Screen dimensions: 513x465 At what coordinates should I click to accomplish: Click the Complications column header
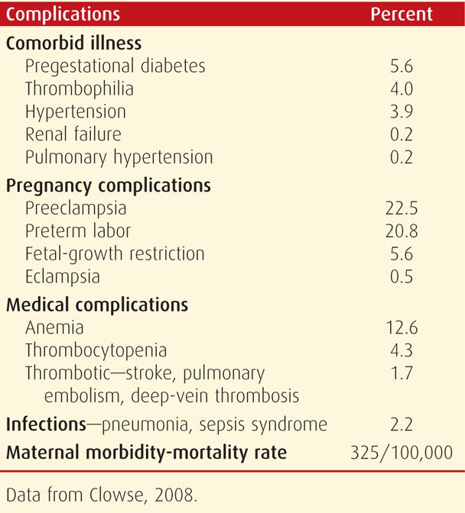[x=63, y=14]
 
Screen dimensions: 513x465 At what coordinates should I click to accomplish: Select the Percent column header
[x=401, y=14]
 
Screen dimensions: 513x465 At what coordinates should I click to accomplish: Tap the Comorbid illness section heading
[x=74, y=43]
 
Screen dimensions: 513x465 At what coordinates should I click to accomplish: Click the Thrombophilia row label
[x=79, y=89]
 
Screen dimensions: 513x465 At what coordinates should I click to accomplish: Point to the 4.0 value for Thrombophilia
[x=402, y=89]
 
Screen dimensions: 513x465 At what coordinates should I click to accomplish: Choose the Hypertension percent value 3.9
[x=402, y=111]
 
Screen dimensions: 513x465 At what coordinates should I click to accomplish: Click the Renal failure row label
[x=73, y=134]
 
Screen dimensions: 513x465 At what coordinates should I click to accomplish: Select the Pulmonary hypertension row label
[x=119, y=157]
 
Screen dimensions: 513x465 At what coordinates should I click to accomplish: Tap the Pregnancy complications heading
[x=109, y=185]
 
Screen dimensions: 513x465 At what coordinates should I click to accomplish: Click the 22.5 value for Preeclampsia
[x=402, y=208]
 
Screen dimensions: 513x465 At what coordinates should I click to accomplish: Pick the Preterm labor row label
[x=78, y=231]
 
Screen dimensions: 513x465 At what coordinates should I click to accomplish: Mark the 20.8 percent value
[x=402, y=231]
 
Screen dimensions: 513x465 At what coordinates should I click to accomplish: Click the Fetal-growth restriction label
[x=115, y=253]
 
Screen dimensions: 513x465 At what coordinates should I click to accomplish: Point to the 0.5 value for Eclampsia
[x=402, y=276]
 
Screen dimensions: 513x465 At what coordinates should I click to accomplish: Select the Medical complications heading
[x=97, y=305]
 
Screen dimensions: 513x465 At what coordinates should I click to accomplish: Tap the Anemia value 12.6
[x=402, y=327]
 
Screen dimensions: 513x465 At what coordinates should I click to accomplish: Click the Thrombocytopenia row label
[x=96, y=350]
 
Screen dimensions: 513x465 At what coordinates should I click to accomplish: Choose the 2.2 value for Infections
[x=402, y=424]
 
